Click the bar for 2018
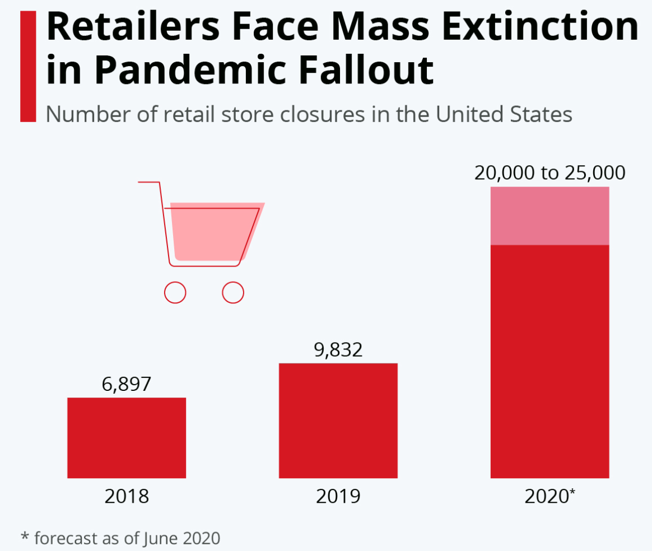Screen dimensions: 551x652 (127, 437)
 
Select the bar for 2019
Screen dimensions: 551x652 (338, 421)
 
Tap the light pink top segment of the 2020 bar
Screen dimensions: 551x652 (549, 216)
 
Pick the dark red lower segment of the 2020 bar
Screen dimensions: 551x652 (549, 361)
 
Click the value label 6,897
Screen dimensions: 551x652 (127, 385)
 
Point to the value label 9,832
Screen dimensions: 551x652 (338, 350)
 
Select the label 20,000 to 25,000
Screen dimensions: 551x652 (549, 173)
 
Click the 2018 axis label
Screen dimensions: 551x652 (127, 497)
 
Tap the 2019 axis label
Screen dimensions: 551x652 (338, 497)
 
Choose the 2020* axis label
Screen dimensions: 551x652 (549, 497)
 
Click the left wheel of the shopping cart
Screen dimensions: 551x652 (175, 292)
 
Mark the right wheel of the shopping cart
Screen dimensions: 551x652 (233, 292)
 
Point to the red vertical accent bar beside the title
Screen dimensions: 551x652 (28, 66)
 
